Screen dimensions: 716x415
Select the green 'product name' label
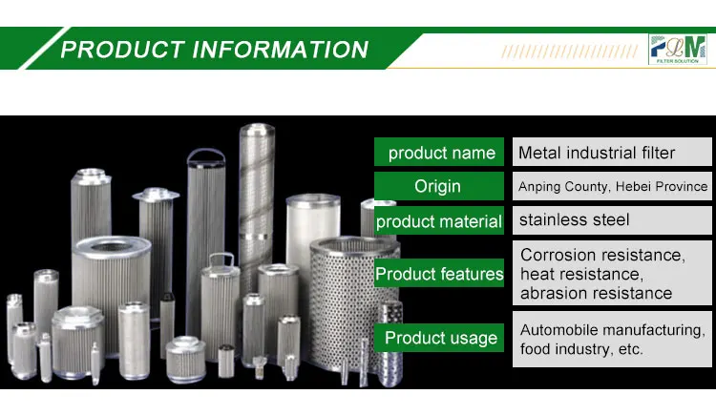[x=440, y=153]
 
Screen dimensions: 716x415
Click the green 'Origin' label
[x=437, y=186]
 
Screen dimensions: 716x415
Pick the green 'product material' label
[x=438, y=221]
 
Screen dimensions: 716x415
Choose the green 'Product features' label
[x=439, y=275]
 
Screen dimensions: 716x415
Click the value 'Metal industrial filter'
[x=597, y=153]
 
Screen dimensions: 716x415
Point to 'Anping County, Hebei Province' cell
[x=613, y=186]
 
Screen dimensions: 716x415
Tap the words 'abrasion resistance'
[x=596, y=294]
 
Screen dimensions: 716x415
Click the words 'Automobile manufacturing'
[x=612, y=330]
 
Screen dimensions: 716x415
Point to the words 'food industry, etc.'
[x=581, y=350]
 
